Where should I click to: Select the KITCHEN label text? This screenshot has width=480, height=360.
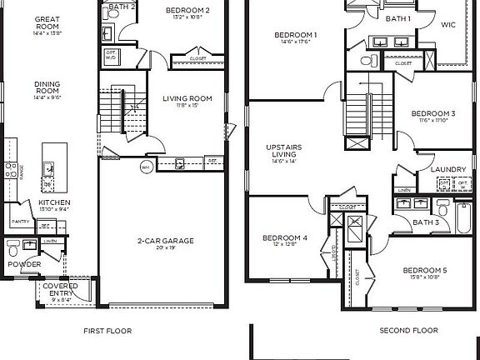click(x=54, y=202)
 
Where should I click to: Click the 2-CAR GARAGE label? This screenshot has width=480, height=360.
click(x=166, y=241)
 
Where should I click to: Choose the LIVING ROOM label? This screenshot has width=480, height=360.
click(x=187, y=98)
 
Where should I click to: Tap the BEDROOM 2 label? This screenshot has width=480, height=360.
click(x=187, y=10)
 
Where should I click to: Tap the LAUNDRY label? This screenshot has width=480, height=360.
click(x=448, y=169)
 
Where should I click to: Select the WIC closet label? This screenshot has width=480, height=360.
click(x=447, y=25)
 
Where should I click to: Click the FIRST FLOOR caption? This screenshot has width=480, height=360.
click(x=107, y=331)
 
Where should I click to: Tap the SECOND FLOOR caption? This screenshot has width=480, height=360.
click(x=408, y=331)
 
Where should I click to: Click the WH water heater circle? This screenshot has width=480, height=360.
click(x=145, y=166)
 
